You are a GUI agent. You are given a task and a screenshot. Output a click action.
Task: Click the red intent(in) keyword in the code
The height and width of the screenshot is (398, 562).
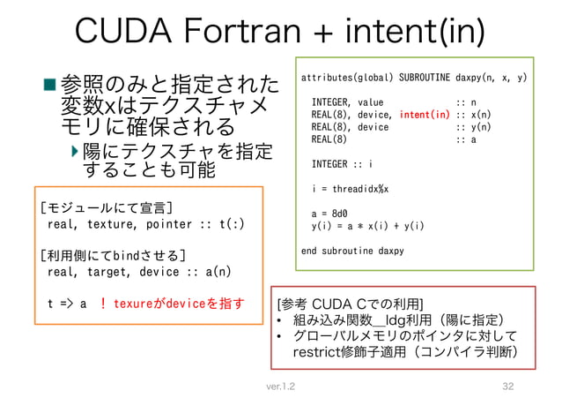(x=425, y=114)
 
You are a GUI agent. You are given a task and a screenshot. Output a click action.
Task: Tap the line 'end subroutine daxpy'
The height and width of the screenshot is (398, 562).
(x=352, y=251)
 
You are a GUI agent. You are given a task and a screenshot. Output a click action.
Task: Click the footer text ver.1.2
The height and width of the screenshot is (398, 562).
(x=280, y=387)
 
